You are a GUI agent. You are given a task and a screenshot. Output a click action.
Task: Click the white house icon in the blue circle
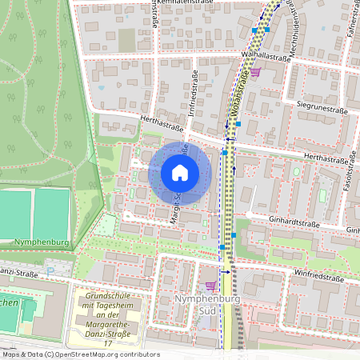180,172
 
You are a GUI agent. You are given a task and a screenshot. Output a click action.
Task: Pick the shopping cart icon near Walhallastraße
255,72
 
